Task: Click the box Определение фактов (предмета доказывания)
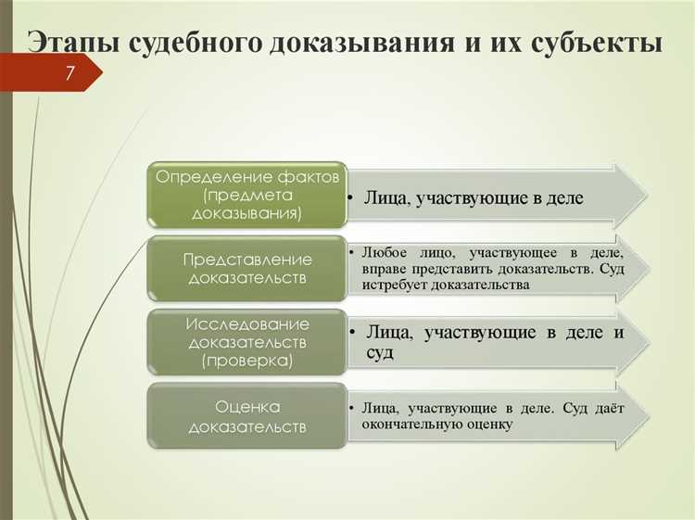point(247,194)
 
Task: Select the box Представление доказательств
point(247,269)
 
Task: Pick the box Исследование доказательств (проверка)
point(247,342)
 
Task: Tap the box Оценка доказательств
point(247,417)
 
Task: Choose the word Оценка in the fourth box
point(247,408)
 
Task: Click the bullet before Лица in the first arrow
point(353,198)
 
